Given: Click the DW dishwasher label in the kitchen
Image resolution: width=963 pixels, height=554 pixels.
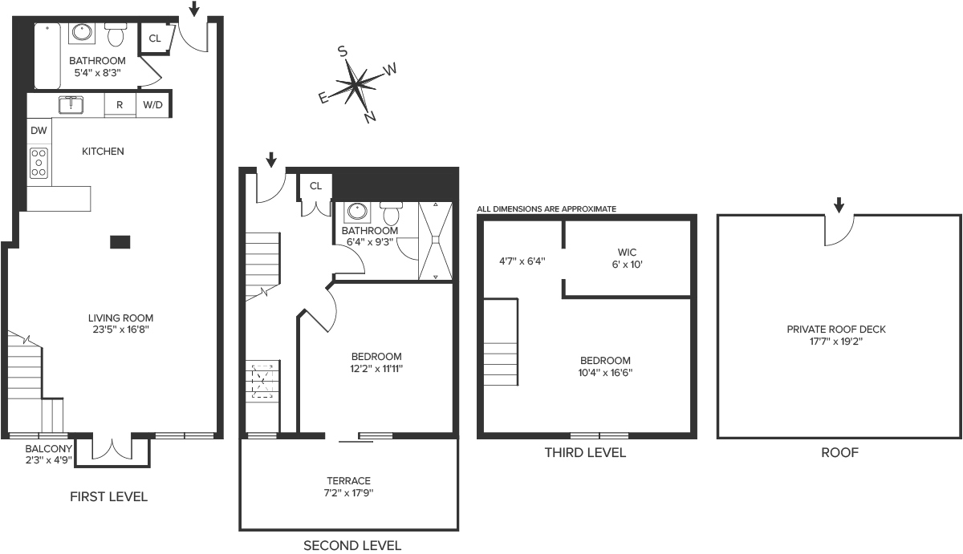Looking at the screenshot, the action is point(39,131).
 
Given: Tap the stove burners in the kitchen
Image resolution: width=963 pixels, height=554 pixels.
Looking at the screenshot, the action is point(39,163).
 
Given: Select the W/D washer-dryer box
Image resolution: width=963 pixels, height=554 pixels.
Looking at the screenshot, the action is point(153,105).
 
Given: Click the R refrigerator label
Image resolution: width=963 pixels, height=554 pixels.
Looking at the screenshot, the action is point(120,105).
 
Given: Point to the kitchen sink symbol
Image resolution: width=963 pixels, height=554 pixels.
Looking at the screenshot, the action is point(71,105).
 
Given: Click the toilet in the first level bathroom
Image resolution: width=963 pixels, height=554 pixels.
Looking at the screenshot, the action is point(116,34).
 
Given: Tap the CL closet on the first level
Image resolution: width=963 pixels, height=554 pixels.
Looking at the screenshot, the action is point(155,38).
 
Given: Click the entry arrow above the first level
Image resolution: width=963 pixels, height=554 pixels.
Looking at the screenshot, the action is point(194,9).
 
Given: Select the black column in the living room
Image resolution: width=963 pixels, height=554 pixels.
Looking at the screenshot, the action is point(120,242).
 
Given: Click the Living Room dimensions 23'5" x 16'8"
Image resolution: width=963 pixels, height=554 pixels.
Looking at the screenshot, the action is point(121,330).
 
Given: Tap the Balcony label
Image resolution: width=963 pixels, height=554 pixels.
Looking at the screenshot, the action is point(49,449).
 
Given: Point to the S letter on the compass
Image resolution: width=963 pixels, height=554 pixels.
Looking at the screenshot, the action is point(343,51).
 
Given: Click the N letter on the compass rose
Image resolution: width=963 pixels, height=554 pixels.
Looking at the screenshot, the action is point(370,117).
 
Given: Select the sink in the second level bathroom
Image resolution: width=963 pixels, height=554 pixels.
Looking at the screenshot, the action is point(357,212).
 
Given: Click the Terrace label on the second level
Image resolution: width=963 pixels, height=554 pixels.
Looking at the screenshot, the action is point(348,480).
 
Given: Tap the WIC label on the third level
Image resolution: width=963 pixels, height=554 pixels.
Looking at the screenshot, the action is point(627,252).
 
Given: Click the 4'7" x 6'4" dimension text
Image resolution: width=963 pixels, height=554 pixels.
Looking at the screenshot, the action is point(522,261).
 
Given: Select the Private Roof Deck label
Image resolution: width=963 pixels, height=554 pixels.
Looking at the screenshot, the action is point(836,330).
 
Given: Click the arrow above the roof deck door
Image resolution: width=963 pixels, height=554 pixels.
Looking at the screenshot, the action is point(839,205).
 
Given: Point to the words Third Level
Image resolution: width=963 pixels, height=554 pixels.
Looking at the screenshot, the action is point(585,453).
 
